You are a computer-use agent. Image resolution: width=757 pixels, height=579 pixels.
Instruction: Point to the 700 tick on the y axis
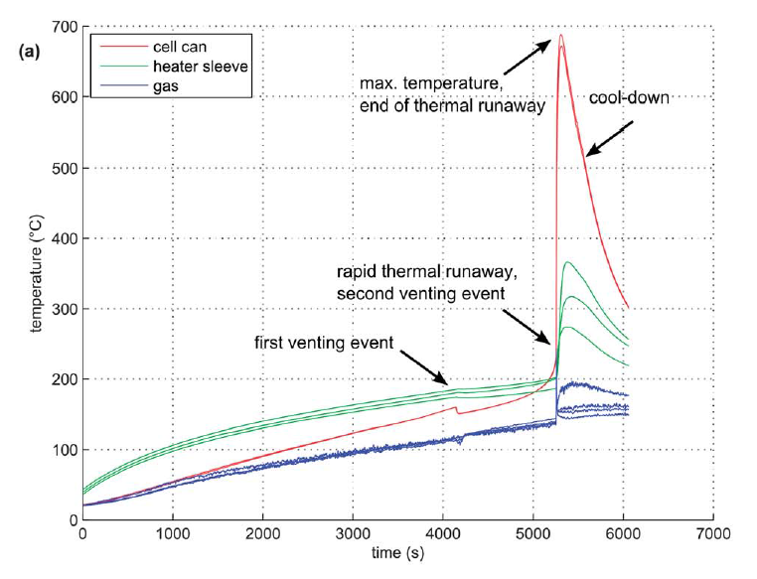click(x=67, y=27)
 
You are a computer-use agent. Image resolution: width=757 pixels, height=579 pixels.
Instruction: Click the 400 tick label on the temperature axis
click(x=67, y=238)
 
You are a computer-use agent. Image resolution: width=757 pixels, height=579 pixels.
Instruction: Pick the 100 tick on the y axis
click(x=67, y=450)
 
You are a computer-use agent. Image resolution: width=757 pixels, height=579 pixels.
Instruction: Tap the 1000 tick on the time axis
click(x=173, y=534)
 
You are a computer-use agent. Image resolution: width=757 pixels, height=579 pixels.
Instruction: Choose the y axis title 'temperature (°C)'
click(x=37, y=273)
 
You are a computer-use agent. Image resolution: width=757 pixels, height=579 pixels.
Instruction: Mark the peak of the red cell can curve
click(x=560, y=36)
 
